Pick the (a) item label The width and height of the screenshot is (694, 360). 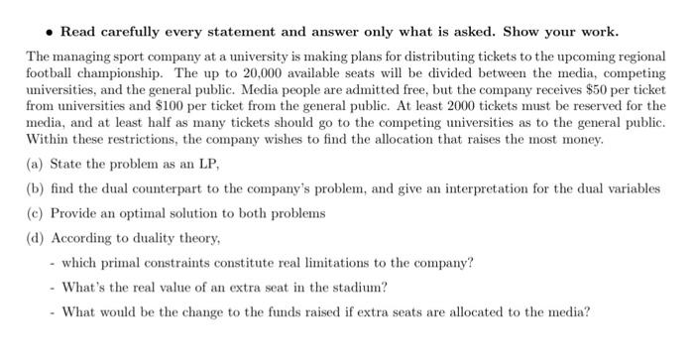coord(35,163)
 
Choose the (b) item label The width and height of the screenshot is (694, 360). coord(35,188)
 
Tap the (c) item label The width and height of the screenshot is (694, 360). coord(35,213)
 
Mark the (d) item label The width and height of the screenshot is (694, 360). coord(35,238)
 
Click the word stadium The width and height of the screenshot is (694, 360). coord(363,288)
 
